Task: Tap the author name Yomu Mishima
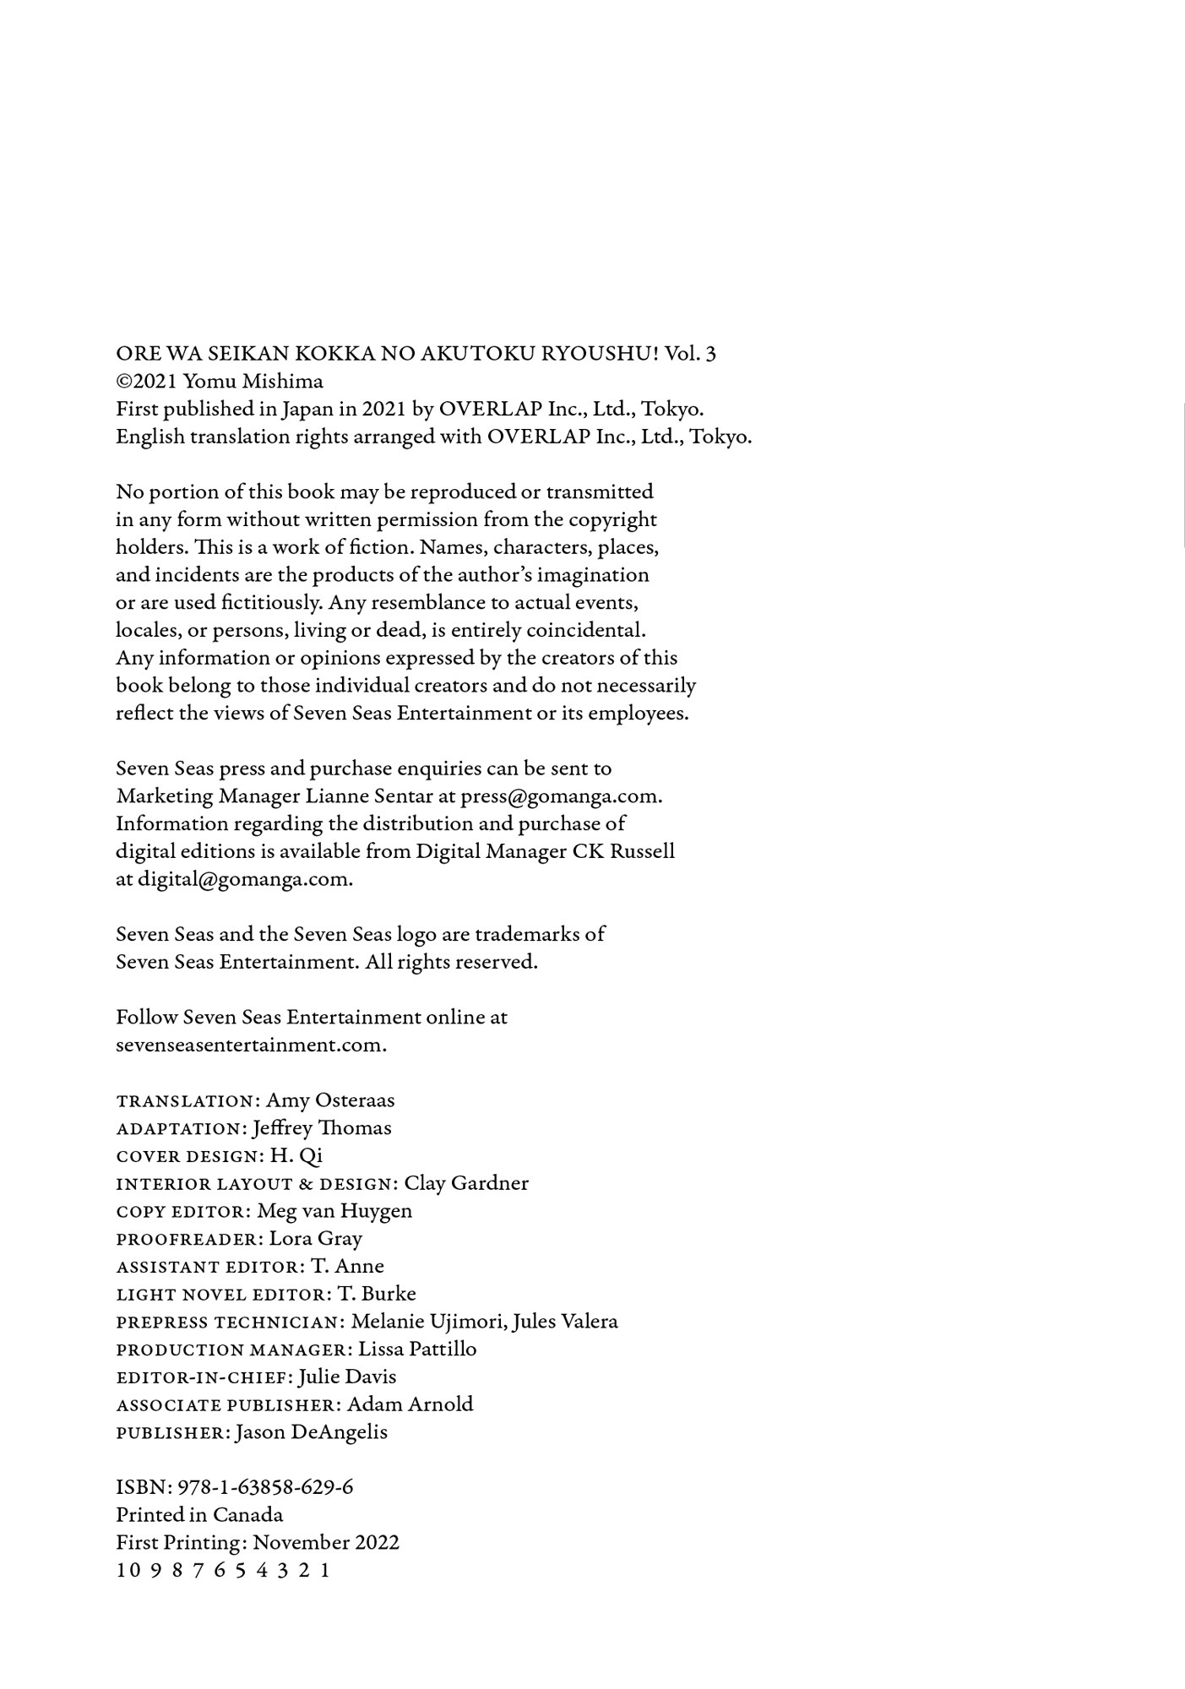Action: [253, 382]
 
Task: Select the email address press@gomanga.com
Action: [559, 796]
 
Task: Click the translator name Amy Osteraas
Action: [330, 1100]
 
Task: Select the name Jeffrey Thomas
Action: [322, 1128]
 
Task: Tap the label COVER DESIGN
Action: [187, 1157]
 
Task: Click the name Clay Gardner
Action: [466, 1183]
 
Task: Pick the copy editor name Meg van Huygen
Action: [334, 1211]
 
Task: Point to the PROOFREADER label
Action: [187, 1240]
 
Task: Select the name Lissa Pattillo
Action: [417, 1350]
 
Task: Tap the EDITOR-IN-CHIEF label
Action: [203, 1378]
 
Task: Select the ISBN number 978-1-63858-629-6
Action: [265, 1488]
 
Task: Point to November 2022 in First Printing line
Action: [326, 1543]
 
